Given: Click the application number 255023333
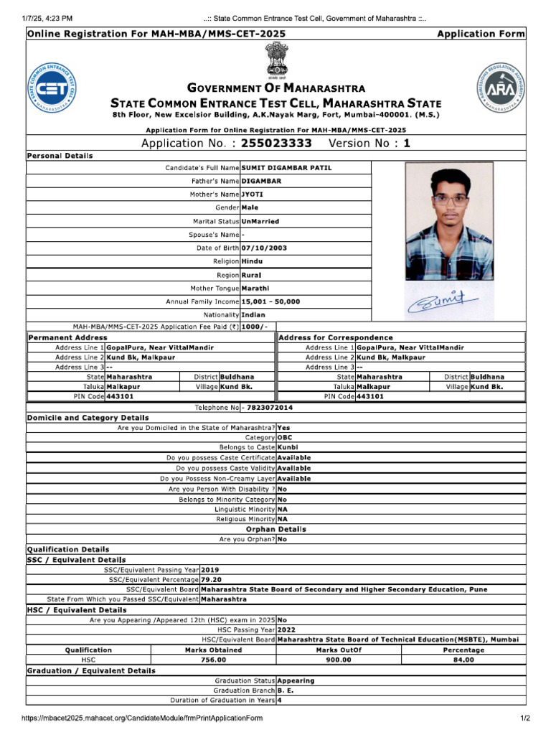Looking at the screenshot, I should click(x=276, y=143).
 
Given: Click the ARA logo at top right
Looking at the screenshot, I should click(x=499, y=88).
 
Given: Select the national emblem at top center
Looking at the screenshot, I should click(x=275, y=60).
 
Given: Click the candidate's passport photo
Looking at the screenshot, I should click(x=449, y=221).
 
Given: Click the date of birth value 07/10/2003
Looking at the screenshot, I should click(x=265, y=248).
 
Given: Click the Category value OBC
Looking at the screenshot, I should click(x=285, y=437).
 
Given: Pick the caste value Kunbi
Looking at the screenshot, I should click(x=288, y=447).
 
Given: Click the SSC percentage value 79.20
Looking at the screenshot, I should click(x=212, y=579).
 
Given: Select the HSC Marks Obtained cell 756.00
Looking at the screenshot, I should click(x=213, y=660).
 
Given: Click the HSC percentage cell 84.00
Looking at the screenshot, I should click(x=463, y=660).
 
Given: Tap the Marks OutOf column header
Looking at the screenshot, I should click(x=339, y=650).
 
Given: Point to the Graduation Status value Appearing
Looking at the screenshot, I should click(x=296, y=680).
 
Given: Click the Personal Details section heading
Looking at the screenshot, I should click(x=60, y=156).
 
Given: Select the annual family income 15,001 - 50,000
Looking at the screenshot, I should click(x=271, y=301).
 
